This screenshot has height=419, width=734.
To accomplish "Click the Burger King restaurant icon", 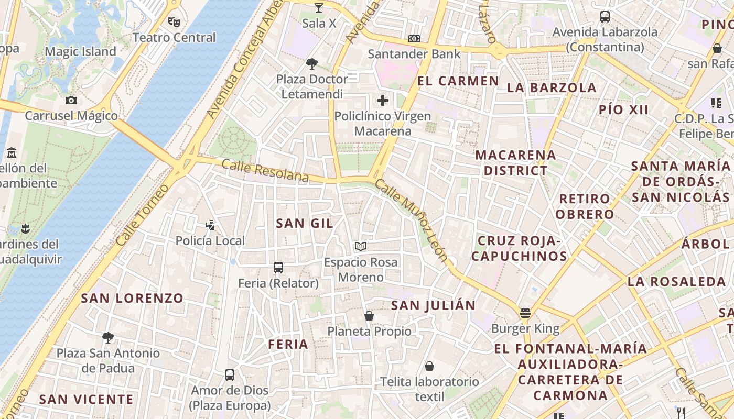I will click(525, 313).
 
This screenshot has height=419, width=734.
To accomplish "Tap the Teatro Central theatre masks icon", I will click(174, 22).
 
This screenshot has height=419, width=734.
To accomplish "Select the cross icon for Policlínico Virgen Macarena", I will click(383, 101).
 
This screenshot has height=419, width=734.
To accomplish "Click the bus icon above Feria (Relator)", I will click(278, 268).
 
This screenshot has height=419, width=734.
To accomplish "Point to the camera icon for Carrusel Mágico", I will click(71, 100).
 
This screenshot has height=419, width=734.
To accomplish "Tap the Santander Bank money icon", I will click(414, 39).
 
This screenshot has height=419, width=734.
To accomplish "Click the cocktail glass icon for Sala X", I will click(319, 8).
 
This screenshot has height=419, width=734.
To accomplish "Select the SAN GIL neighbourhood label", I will click(304, 223).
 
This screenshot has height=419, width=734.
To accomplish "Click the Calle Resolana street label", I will click(265, 171).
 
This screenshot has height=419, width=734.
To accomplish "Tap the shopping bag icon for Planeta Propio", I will click(369, 316).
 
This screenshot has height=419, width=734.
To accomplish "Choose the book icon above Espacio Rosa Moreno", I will click(361, 246).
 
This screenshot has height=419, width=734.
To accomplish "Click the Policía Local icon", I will click(210, 225).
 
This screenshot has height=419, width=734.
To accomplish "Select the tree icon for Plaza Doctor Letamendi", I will click(312, 64).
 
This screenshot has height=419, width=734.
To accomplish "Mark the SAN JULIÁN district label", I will click(434, 305).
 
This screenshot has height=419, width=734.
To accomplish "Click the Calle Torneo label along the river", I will click(142, 215).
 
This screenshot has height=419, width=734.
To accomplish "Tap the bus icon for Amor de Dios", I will click(230, 375).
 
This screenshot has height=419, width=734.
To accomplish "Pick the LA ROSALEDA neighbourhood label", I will click(676, 281).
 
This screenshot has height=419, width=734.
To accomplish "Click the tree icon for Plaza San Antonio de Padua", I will click(108, 337).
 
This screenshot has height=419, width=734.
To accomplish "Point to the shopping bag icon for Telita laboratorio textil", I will click(429, 366).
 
